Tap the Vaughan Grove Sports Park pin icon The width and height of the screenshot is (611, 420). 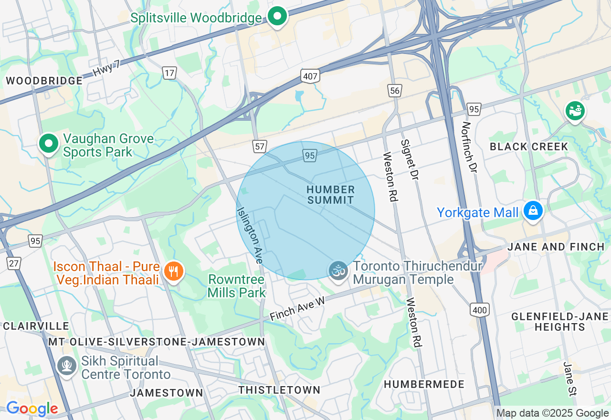tap(48, 143)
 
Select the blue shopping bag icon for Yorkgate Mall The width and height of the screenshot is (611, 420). tap(533, 210)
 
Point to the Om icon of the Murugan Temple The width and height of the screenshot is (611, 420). tap(338, 271)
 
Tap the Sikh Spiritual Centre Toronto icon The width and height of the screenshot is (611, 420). tap(67, 366)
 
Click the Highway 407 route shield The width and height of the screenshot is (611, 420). tap(310, 76)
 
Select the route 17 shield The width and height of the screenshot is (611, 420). tap(169, 73)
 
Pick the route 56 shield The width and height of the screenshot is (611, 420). tap(394, 91)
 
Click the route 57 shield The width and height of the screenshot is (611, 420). tap(260, 147)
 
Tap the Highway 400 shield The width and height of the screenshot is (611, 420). tap(479, 310)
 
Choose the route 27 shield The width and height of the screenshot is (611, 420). tap(14, 263)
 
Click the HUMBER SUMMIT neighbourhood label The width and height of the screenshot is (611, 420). tap(331, 195)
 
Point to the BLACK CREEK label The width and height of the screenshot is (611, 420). tap(529, 147)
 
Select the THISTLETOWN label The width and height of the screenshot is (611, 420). tap(279, 390)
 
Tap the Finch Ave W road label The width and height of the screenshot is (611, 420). tap(297, 308)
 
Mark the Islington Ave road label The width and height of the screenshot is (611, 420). tap(250, 235)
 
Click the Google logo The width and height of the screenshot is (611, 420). tap(32, 409)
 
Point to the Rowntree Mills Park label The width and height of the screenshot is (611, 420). tap(236, 285)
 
